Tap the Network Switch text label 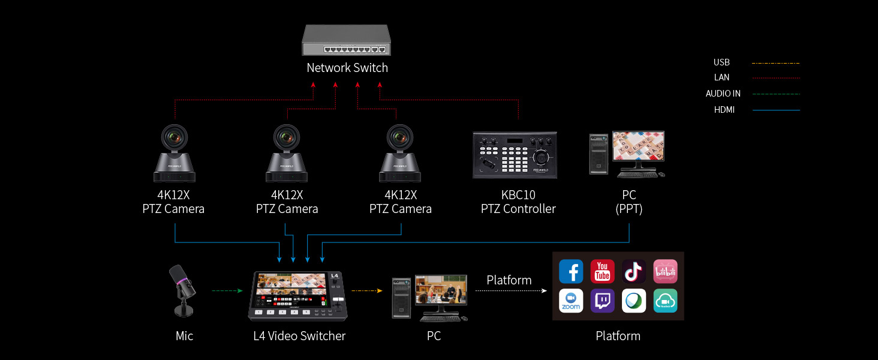pyautogui.click(x=347, y=68)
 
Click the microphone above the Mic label pyautogui.click(x=184, y=290)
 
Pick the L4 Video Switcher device pyautogui.click(x=297, y=295)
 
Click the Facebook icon pyautogui.click(x=571, y=271)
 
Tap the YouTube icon pyautogui.click(x=602, y=271)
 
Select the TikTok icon pyautogui.click(x=634, y=271)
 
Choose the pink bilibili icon pyautogui.click(x=665, y=271)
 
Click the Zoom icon pyautogui.click(x=571, y=301)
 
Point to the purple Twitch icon pyautogui.click(x=602, y=301)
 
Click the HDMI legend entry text pyautogui.click(x=724, y=110)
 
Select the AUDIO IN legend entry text pyautogui.click(x=723, y=94)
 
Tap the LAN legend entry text pyautogui.click(x=721, y=77)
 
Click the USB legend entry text pyautogui.click(x=721, y=62)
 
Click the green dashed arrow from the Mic pyautogui.click(x=227, y=291)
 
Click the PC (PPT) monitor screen pyautogui.click(x=638, y=145)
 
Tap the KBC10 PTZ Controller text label pyautogui.click(x=518, y=202)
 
